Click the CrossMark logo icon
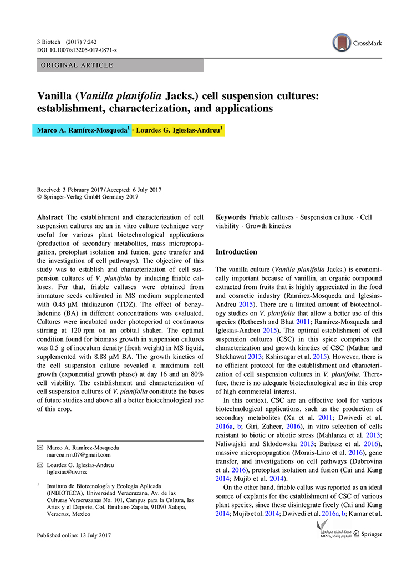[x=342, y=43]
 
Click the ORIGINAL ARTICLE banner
[x=120, y=65]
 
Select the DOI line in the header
[x=77, y=50]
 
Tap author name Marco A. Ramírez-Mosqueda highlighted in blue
[x=83, y=130]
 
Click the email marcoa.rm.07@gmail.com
[x=79, y=455]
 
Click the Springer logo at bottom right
[x=364, y=535]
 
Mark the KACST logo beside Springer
[x=332, y=534]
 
